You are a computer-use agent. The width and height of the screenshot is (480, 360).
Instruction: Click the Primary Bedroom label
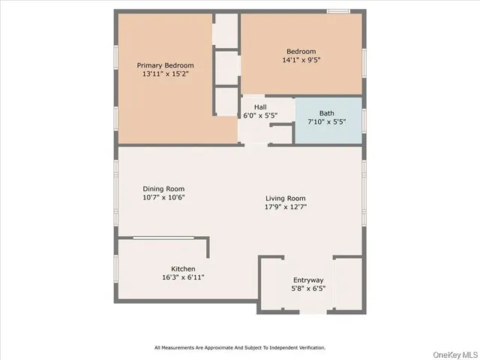165,65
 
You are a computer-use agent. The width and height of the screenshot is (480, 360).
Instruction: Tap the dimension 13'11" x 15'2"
165,74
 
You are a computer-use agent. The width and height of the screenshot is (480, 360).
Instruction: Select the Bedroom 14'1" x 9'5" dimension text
302,60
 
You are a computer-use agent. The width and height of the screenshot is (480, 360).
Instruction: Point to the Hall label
260,107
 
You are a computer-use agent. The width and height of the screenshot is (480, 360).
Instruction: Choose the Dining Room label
163,189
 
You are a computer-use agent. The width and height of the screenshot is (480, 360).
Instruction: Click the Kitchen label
183,268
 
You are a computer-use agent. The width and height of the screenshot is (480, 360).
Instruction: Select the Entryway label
308,280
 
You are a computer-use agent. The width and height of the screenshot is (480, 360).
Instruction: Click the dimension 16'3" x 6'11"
183,277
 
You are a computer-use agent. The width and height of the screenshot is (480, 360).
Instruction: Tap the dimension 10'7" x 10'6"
163,198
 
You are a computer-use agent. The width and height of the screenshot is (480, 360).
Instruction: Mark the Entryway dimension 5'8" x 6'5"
308,289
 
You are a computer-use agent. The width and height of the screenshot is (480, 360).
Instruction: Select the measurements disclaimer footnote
240,347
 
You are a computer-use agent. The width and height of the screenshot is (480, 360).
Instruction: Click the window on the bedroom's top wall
339,11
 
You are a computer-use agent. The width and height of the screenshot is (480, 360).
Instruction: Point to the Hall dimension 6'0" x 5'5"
260,116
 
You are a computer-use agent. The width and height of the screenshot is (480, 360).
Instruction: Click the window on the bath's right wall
364,120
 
